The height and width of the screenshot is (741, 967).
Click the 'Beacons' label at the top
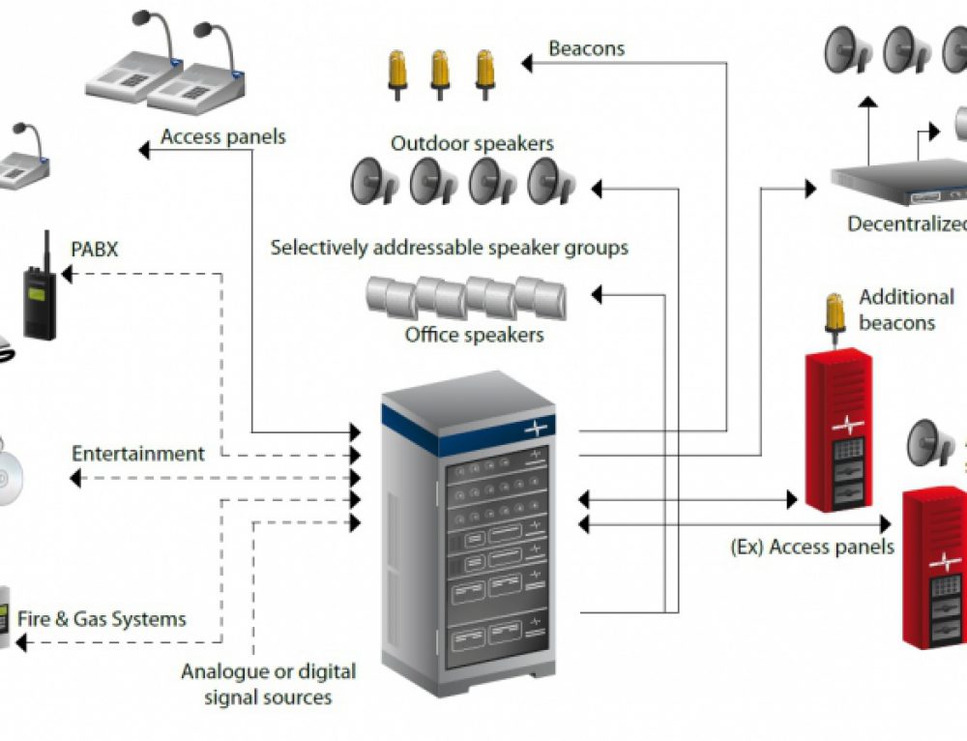(586, 48)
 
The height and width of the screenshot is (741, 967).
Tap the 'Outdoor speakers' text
(472, 144)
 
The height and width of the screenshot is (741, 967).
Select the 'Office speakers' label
(474, 336)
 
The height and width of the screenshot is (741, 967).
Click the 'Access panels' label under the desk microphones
(223, 136)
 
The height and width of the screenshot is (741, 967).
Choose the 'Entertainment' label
(138, 454)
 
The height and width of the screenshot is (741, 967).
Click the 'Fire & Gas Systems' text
(102, 618)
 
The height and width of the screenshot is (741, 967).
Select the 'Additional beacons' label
(906, 310)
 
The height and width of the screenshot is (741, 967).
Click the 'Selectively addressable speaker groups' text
(450, 248)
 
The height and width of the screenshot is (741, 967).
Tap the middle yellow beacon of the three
(440, 74)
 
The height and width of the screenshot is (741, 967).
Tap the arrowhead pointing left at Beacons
(528, 64)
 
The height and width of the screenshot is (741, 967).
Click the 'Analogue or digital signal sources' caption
(268, 683)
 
